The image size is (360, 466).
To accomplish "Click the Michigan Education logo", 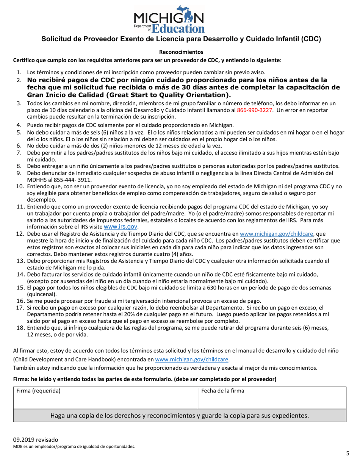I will click(169, 19).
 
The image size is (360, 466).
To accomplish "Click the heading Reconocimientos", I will click(181, 52).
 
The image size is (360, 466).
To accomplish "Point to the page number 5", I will click(347, 453).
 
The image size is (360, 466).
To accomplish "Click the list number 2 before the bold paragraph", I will click(19, 80).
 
